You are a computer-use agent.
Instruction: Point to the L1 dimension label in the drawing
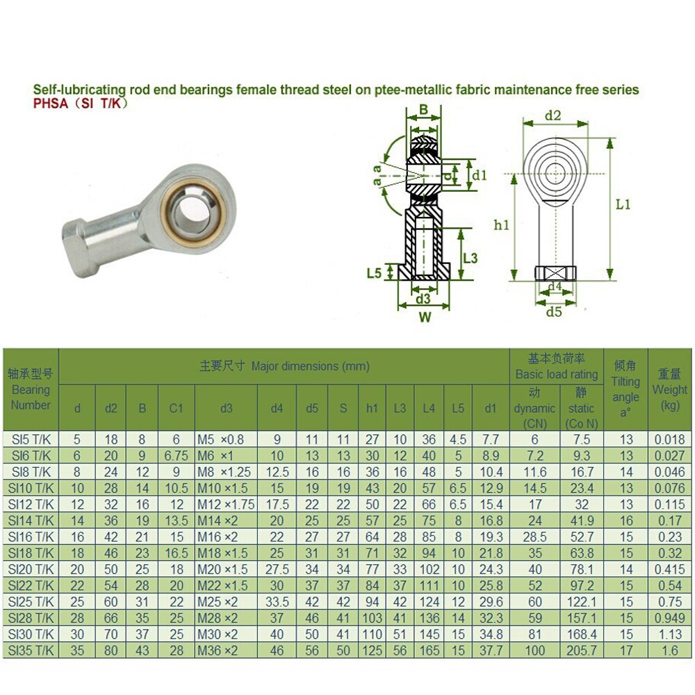[623, 204]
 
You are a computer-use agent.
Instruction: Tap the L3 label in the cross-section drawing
[470, 258]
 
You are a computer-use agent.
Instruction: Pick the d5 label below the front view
[553, 311]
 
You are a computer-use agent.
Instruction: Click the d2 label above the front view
[553, 115]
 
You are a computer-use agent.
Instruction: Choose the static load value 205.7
[582, 651]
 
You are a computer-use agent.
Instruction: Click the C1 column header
[176, 408]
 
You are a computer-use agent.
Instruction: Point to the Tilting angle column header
[625, 389]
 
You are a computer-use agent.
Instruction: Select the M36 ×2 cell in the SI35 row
[226, 651]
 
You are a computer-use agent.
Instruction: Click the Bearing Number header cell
[31, 389]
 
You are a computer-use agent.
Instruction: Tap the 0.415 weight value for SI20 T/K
[670, 569]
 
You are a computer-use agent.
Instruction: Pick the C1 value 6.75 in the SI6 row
[176, 456]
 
